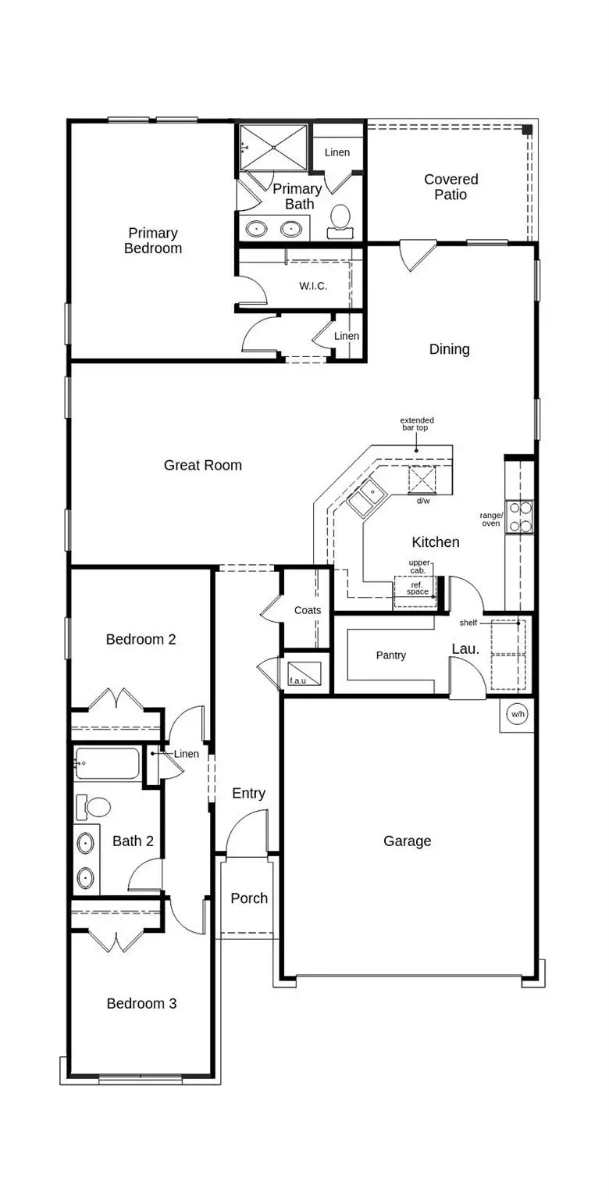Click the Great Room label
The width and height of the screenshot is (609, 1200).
(202, 466)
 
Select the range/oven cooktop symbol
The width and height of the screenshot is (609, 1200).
(520, 516)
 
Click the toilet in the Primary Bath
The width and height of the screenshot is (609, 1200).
(340, 220)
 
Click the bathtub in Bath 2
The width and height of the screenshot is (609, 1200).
(108, 763)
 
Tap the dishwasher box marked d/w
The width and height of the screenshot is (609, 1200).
(422, 479)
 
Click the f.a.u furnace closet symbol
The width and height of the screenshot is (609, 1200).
(304, 672)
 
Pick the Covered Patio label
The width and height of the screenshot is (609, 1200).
(451, 187)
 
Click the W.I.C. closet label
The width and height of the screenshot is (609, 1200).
(313, 286)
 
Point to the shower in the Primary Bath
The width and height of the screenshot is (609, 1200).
(274, 147)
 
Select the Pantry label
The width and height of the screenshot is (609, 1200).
(390, 655)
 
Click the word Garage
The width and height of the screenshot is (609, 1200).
(407, 841)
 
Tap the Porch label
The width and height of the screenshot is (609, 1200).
(249, 898)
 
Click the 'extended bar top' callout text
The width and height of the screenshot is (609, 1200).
(417, 424)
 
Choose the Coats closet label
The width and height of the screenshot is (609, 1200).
(307, 610)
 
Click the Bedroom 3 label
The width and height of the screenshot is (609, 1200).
(141, 1004)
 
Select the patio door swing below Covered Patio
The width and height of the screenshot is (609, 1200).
(415, 255)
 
